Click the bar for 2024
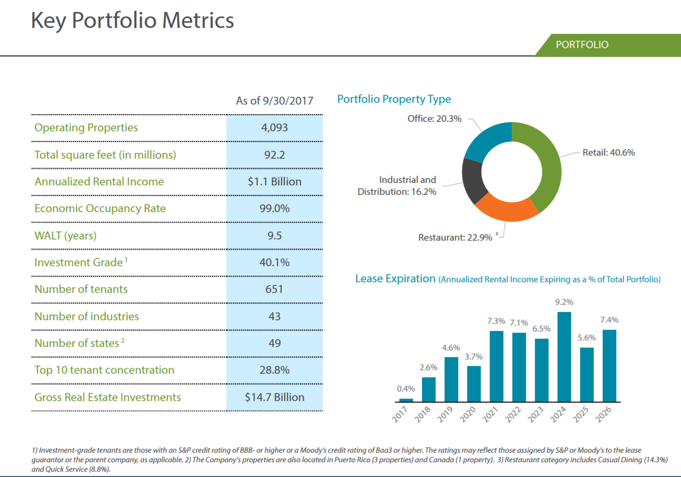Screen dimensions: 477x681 [565, 357]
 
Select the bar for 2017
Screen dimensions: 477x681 [406, 400]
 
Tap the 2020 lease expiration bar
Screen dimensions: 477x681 [474, 384]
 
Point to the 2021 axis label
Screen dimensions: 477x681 [491, 413]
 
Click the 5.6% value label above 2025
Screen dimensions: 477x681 [587, 338]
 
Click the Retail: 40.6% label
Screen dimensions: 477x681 [609, 153]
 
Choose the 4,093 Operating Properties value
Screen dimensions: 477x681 [275, 128]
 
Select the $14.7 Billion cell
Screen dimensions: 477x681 [275, 397]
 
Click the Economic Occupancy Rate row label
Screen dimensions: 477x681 [100, 209]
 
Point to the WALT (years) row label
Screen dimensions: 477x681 [65, 235]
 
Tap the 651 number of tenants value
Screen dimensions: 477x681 [275, 289]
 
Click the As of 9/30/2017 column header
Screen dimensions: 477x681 [275, 101]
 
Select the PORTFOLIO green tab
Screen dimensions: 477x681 [582, 45]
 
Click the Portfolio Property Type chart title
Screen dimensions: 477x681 [394, 99]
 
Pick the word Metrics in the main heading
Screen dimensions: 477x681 [198, 21]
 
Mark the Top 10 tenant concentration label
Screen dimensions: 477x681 [105, 370]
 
